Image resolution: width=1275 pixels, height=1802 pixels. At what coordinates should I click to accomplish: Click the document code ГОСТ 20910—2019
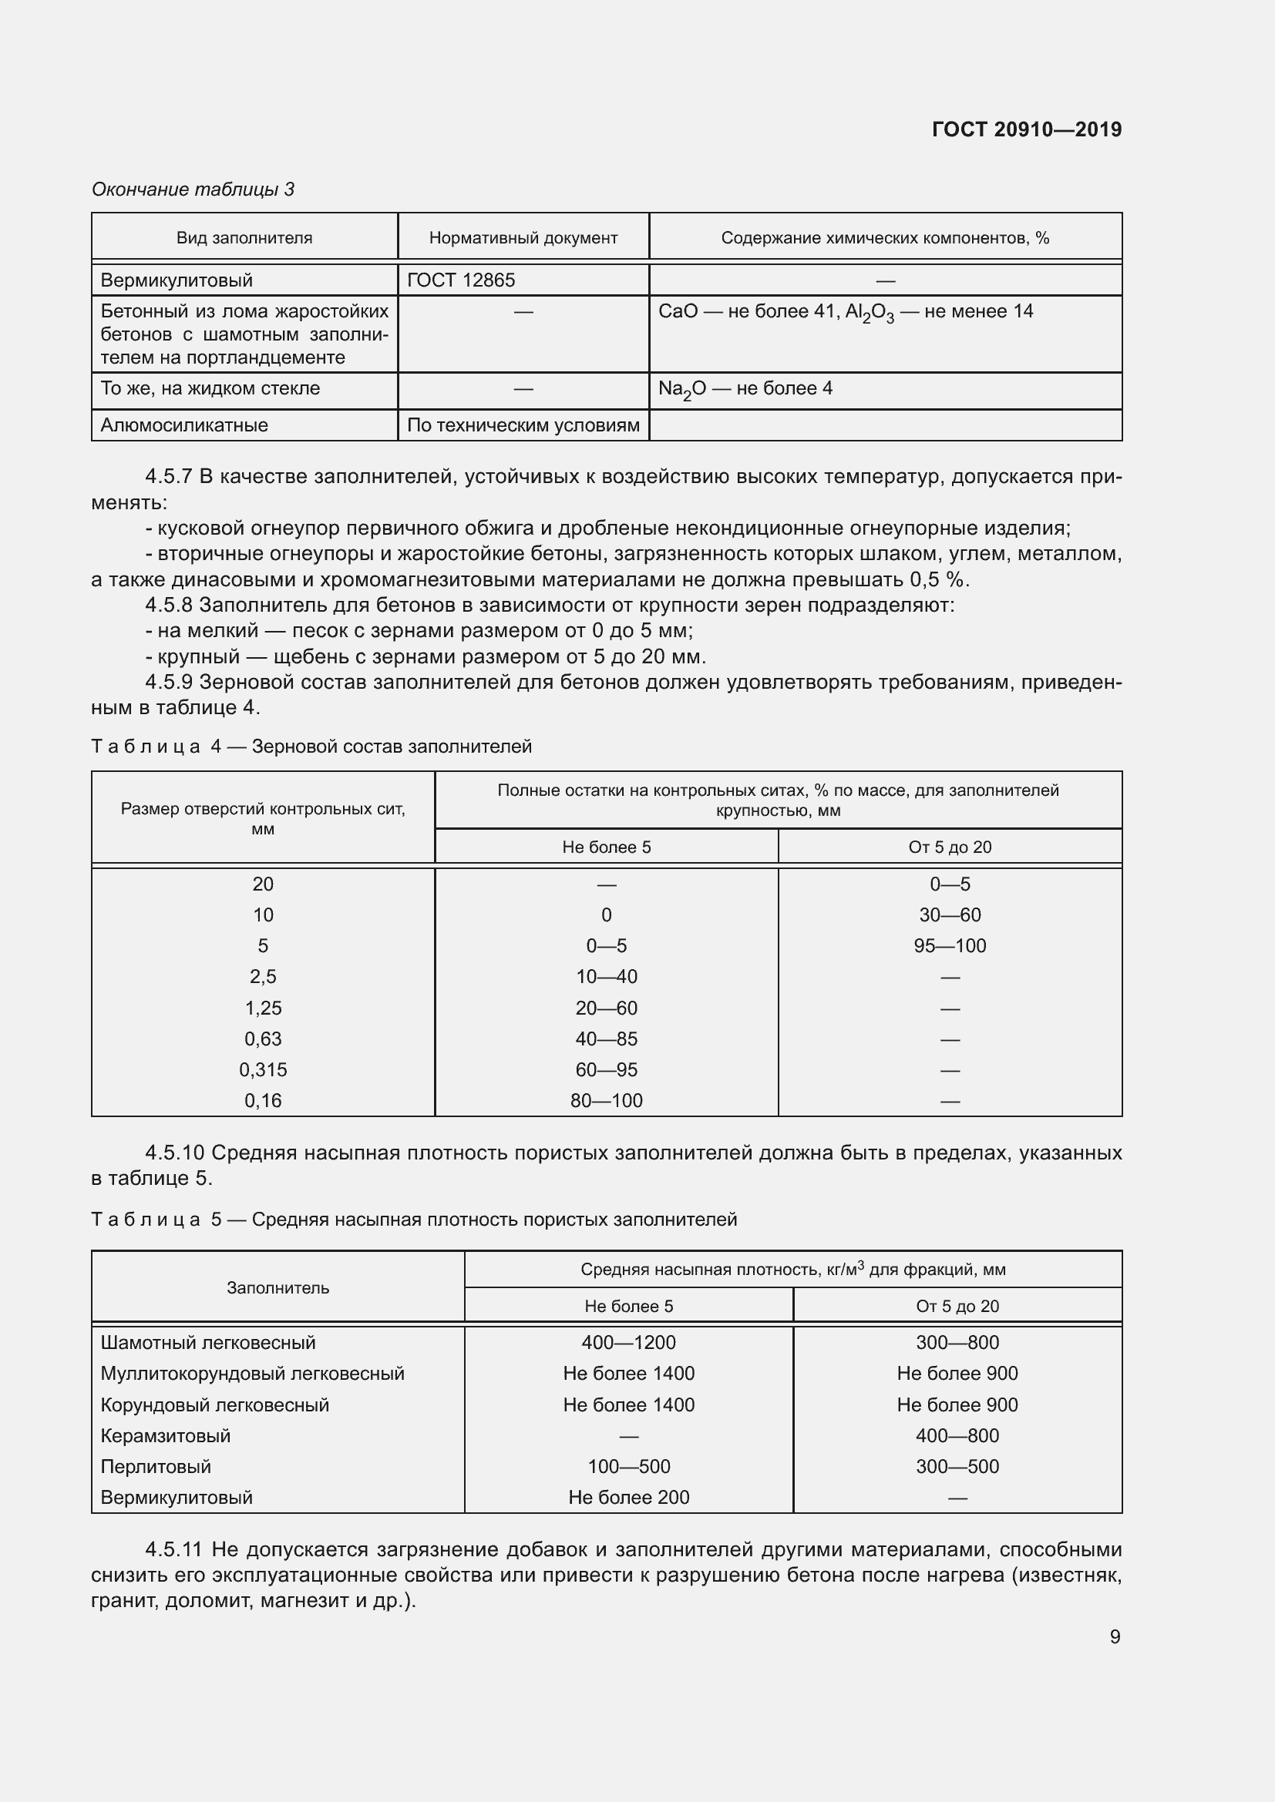point(1026,129)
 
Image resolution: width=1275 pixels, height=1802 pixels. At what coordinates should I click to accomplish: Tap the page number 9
point(1115,1636)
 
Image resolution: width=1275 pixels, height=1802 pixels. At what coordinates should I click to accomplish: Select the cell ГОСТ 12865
point(461,280)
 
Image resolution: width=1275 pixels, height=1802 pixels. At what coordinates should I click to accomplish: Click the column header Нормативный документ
point(523,238)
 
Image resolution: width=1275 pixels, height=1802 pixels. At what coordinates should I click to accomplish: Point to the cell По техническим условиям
point(523,425)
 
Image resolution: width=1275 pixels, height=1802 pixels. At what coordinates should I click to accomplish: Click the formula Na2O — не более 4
point(745,389)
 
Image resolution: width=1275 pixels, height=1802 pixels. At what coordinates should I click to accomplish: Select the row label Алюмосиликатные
point(184,425)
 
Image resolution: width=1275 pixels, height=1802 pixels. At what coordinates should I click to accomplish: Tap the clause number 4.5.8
point(169,605)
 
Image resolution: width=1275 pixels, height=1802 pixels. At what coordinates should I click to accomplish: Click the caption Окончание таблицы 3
point(193,190)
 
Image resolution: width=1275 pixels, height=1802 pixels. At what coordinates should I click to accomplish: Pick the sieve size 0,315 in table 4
point(263,1070)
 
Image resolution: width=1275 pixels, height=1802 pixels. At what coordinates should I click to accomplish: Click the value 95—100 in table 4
point(949,946)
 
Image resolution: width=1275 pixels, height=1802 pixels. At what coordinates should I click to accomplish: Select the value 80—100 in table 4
point(606,1100)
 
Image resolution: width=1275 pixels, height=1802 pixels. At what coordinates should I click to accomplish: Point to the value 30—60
point(949,915)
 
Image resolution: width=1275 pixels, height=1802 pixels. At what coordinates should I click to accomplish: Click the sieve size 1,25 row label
point(263,1008)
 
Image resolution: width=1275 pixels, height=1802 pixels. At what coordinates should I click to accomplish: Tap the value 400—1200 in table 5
point(628,1343)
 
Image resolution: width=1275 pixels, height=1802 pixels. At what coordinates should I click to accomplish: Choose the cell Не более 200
point(628,1498)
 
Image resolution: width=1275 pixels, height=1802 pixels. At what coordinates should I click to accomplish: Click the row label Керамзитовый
point(166,1435)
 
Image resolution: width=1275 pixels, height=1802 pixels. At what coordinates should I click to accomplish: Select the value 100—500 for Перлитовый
point(628,1467)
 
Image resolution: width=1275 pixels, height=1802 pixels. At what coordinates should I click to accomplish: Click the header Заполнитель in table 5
point(278,1288)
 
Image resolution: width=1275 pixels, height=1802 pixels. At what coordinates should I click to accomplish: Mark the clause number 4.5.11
point(173,1550)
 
